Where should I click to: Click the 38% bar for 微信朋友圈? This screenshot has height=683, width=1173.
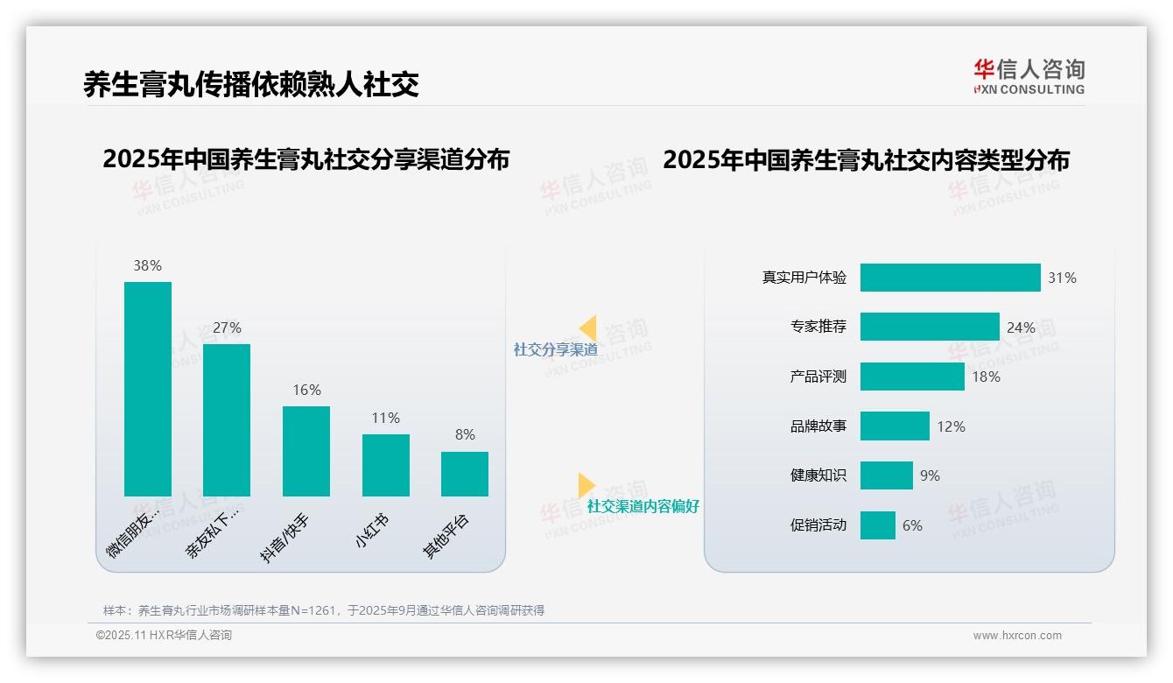click(x=148, y=389)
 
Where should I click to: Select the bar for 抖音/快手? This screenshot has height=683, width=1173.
click(x=306, y=451)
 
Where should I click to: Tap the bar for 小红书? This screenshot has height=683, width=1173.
click(x=385, y=465)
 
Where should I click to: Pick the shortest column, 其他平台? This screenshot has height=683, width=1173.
click(x=465, y=474)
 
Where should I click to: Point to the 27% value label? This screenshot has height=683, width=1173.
click(x=227, y=327)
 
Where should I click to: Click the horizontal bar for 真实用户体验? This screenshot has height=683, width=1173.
click(x=950, y=278)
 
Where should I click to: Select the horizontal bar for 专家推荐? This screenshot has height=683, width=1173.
click(x=929, y=327)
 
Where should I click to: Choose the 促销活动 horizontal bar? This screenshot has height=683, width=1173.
click(x=877, y=525)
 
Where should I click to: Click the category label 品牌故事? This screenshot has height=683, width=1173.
click(x=818, y=426)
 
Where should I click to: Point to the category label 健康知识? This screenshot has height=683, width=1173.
click(x=818, y=475)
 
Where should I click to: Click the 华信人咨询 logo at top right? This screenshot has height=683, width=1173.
click(x=1029, y=76)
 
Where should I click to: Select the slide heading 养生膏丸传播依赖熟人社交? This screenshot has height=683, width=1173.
click(x=251, y=84)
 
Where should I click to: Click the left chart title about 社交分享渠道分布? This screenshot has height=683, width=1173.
click(x=306, y=159)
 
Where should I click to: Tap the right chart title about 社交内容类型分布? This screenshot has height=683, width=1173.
click(x=866, y=160)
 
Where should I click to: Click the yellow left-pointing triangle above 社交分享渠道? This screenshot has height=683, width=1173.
click(x=587, y=328)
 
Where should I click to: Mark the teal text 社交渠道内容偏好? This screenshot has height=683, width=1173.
click(x=643, y=506)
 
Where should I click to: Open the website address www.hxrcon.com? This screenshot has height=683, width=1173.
click(x=1017, y=636)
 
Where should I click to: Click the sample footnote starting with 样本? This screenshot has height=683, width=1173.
click(x=324, y=610)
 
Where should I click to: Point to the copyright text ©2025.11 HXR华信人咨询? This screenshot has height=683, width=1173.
click(x=164, y=636)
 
